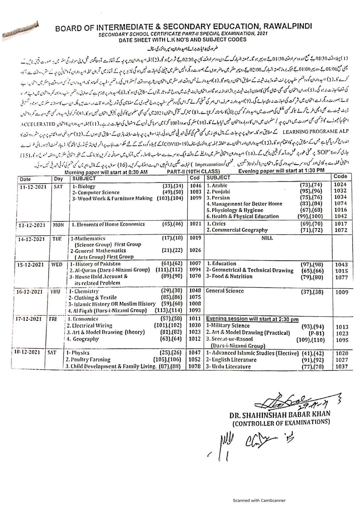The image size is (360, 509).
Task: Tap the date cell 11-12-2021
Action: coord(32,187)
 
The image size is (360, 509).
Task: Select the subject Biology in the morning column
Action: coord(84,187)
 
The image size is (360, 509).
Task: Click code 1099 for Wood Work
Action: coord(196,198)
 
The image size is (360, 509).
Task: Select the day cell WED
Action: coord(57,264)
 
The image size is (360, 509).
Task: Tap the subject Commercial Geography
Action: coord(237,230)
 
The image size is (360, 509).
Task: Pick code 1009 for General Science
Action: coord(341,292)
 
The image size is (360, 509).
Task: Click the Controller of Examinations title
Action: coord(281,422)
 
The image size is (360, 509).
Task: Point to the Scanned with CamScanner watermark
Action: coord(259,500)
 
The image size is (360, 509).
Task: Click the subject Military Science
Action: coord(228,326)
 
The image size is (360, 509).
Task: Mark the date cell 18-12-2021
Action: coord(32,352)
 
